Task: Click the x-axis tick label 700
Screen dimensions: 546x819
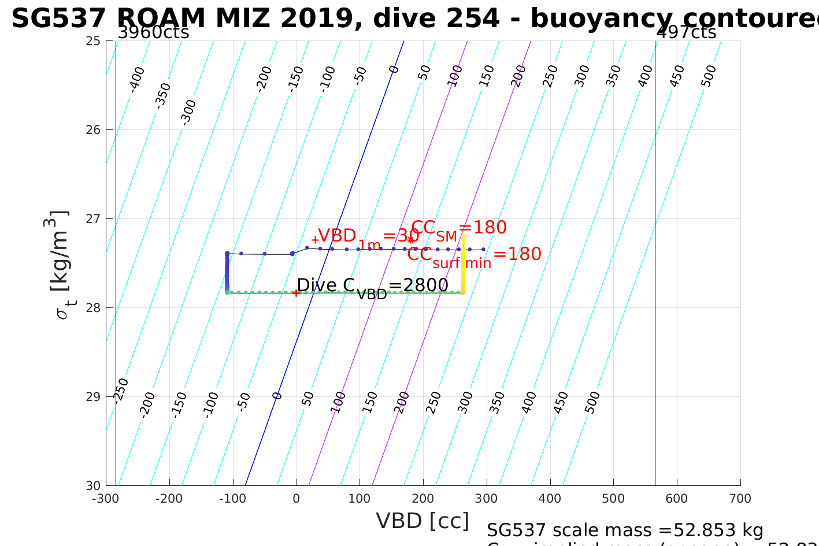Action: (740, 499)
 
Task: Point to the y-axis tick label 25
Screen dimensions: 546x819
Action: (94, 41)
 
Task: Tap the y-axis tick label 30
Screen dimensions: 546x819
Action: (94, 485)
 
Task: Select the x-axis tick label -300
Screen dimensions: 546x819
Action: (105, 499)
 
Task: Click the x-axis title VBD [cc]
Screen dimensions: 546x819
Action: (423, 521)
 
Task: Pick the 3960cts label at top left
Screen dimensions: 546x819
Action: (153, 32)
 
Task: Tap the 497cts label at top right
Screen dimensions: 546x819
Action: (686, 32)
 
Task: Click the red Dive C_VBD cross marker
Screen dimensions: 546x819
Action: (296, 293)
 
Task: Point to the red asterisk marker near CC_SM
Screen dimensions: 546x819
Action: (410, 240)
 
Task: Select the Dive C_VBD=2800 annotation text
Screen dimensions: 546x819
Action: (372, 286)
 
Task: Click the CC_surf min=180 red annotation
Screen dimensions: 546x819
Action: (474, 255)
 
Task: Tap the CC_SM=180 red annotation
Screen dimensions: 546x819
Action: (459, 229)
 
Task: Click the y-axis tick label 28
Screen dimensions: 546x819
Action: (94, 307)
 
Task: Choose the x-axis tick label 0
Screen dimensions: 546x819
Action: (296, 499)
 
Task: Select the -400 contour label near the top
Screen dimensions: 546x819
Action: (137, 79)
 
